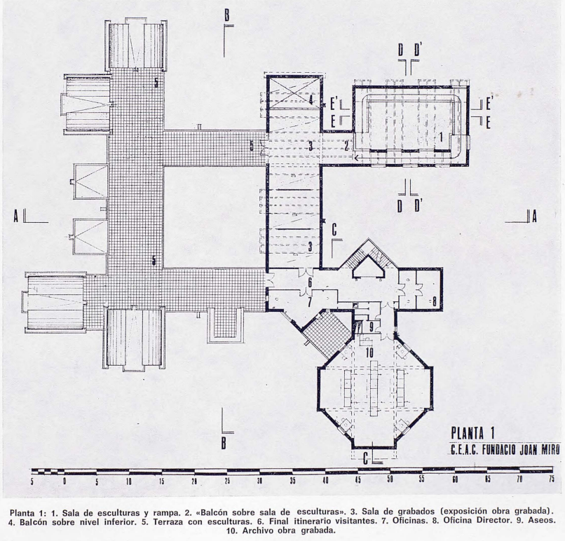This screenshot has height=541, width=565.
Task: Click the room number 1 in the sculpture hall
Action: point(440,137)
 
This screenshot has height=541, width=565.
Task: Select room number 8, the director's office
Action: point(435,301)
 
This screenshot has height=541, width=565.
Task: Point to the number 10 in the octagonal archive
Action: point(369,352)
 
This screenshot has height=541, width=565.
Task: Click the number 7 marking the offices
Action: point(310,302)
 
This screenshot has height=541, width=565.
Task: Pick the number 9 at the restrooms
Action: point(372,327)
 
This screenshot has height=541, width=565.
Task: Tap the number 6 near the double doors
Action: point(310,282)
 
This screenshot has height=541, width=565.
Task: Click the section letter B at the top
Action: point(226,16)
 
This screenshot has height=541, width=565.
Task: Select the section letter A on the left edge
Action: point(16,217)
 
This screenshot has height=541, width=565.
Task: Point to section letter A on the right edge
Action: point(534,217)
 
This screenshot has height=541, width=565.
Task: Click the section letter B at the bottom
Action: point(224,444)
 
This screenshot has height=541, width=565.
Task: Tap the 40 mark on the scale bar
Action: point(325,481)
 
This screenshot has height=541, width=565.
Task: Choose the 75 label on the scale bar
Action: point(551,479)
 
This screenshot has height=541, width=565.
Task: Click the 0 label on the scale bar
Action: point(64,481)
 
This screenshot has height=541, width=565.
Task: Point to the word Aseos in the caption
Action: point(542,521)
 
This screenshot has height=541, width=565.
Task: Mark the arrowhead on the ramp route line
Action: point(356,158)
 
